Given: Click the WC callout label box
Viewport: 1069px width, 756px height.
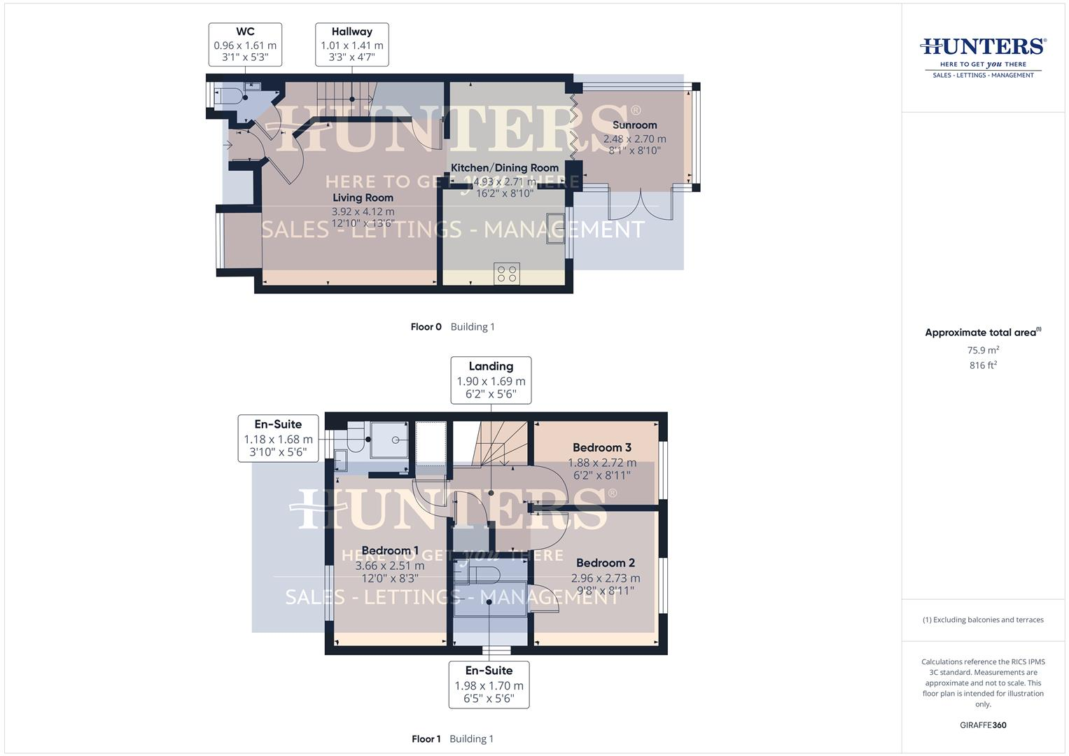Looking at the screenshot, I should tap(245, 44).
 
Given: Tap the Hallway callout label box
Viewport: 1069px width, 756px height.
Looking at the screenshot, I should tap(351, 44).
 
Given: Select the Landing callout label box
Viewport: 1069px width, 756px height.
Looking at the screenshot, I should tap(491, 380).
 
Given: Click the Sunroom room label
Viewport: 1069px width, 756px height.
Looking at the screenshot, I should tap(634, 125).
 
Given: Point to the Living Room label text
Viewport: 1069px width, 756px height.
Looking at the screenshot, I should tap(363, 198).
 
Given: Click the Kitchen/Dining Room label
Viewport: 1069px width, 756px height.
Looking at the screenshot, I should tap(504, 168).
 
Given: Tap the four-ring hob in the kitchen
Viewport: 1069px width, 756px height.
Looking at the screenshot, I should tap(506, 273).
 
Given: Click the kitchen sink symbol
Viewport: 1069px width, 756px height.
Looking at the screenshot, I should tap(556, 227).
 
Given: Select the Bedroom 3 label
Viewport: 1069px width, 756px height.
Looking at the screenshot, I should tap(601, 448).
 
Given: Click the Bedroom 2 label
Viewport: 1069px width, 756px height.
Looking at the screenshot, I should tap(605, 563).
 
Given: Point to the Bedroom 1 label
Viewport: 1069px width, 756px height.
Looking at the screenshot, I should tap(390, 551).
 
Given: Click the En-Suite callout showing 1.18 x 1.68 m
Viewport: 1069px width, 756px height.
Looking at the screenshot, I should tap(278, 438).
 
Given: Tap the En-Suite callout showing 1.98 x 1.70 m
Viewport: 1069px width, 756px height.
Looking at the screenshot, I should tap(489, 685).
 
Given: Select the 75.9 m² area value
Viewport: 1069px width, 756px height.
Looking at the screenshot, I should tap(983, 350).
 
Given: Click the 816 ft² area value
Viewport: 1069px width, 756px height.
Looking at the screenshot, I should tap(983, 365).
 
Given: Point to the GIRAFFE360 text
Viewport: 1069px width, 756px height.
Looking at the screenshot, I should tap(983, 725).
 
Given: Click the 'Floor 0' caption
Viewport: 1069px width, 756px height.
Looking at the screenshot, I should tap(426, 327).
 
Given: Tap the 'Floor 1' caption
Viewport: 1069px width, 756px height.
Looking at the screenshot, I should tap(426, 739).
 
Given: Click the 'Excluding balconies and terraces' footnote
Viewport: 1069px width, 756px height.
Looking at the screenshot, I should tap(983, 619).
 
